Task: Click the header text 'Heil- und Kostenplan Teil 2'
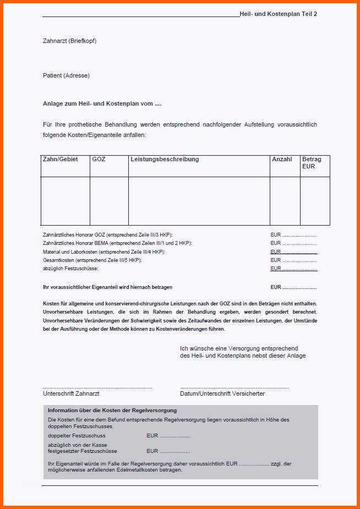(278, 14)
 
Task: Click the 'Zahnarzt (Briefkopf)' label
(69, 41)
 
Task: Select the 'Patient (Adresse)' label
(66, 75)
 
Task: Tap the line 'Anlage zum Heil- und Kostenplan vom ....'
(102, 103)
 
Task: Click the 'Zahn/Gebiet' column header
(60, 159)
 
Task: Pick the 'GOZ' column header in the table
(99, 159)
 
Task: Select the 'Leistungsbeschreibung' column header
(165, 159)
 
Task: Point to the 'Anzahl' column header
(282, 159)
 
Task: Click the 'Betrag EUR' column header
(312, 162)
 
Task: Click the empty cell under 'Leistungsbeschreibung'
(199, 201)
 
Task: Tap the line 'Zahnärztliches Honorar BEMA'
(117, 243)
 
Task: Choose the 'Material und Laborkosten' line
(103, 251)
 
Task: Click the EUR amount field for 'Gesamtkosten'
(293, 260)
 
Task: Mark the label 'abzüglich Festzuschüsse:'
(70, 269)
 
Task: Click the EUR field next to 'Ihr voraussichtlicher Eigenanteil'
(293, 287)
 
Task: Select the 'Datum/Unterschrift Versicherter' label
(222, 393)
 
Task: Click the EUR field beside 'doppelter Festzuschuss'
(168, 436)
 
